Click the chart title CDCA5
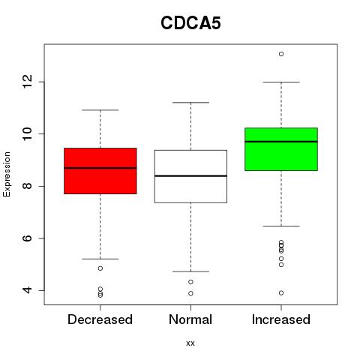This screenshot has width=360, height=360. [190, 23]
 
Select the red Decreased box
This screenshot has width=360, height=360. [100, 171]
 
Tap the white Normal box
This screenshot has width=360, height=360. [190, 176]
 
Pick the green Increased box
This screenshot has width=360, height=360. [281, 149]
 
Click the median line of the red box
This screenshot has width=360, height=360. [100, 168]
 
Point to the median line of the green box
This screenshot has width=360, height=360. [281, 142]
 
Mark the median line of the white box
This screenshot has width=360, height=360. [190, 176]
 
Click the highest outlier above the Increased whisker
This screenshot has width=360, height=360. [281, 54]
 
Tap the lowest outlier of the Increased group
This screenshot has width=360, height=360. [281, 293]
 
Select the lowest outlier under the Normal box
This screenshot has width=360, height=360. [190, 293]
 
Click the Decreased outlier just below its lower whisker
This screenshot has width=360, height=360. [100, 268]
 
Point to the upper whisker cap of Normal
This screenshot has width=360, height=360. [190, 103]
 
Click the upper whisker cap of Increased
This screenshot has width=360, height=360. [281, 82]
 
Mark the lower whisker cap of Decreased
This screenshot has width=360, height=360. [100, 259]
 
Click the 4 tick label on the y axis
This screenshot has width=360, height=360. [28, 290]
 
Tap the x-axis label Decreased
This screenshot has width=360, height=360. [100, 319]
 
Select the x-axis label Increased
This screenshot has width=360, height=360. [281, 319]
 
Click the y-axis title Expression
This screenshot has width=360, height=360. [7, 174]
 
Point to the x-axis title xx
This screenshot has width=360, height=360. [190, 343]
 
